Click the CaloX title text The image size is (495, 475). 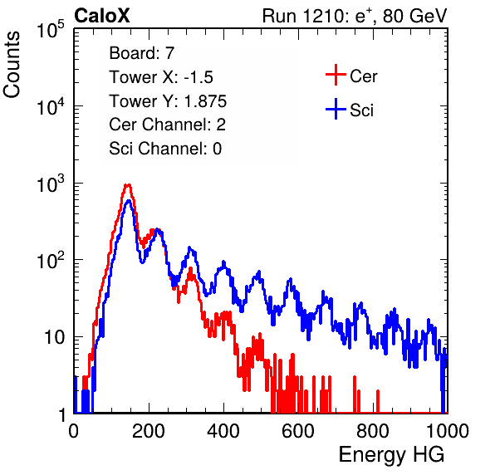click(102, 16)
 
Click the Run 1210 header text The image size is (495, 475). click(355, 16)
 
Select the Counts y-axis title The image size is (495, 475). click(12, 65)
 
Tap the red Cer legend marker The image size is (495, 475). click(336, 75)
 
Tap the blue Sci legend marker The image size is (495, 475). click(336, 109)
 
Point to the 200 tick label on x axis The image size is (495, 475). click(149, 431)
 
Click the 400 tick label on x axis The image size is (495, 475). click(223, 431)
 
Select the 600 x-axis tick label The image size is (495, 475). click(298, 431)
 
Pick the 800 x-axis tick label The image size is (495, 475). click(373, 431)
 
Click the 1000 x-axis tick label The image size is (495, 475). click(448, 431)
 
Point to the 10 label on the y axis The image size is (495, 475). click(54, 337)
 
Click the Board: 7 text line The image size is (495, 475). click(142, 53)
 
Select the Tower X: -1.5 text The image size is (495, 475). click(161, 77)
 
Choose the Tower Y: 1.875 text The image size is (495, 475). click(168, 101)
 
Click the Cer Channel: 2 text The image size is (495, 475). click(167, 125)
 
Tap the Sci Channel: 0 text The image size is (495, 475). click(165, 149)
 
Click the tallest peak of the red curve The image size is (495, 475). click(127, 185)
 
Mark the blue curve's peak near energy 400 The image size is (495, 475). click(223, 262)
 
